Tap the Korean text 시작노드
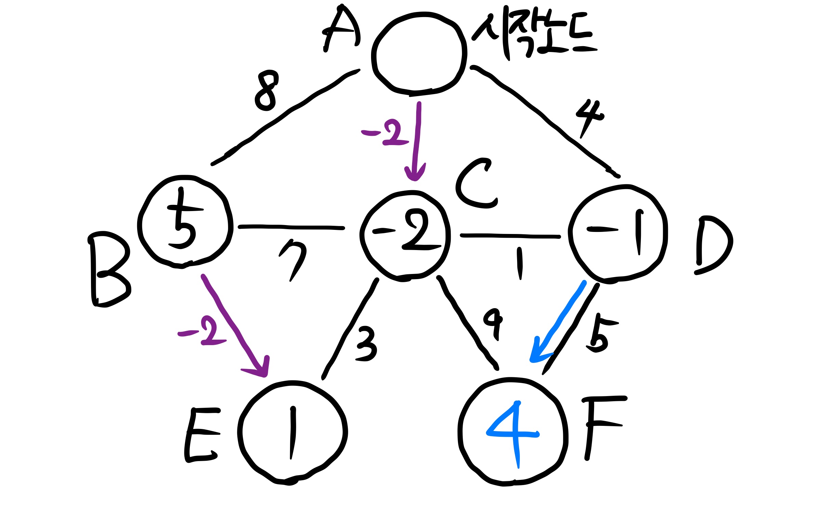click(x=534, y=34)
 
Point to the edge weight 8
click(x=267, y=91)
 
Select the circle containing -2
click(x=405, y=235)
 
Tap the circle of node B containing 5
click(x=185, y=222)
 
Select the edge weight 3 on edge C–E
click(x=366, y=343)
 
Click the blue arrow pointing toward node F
click(x=557, y=322)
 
